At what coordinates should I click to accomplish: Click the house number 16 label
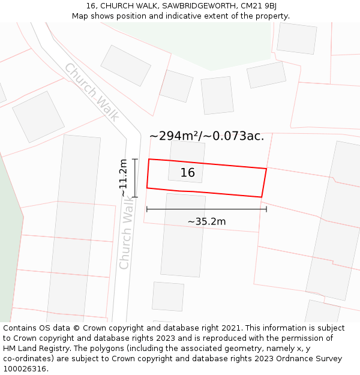[188, 173]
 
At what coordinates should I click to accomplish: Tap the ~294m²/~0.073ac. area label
[206, 136]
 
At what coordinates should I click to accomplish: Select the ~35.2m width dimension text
[206, 222]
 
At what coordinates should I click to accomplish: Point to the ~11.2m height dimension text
[123, 178]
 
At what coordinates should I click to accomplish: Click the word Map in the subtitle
[80, 16]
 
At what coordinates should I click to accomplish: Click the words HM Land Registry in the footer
[34, 348]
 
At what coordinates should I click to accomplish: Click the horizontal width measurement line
[206, 209]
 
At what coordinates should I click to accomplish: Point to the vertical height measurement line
[135, 178]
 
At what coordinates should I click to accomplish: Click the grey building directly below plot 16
[183, 234]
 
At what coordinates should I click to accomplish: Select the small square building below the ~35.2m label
[168, 296]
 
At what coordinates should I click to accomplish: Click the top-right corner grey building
[296, 38]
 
